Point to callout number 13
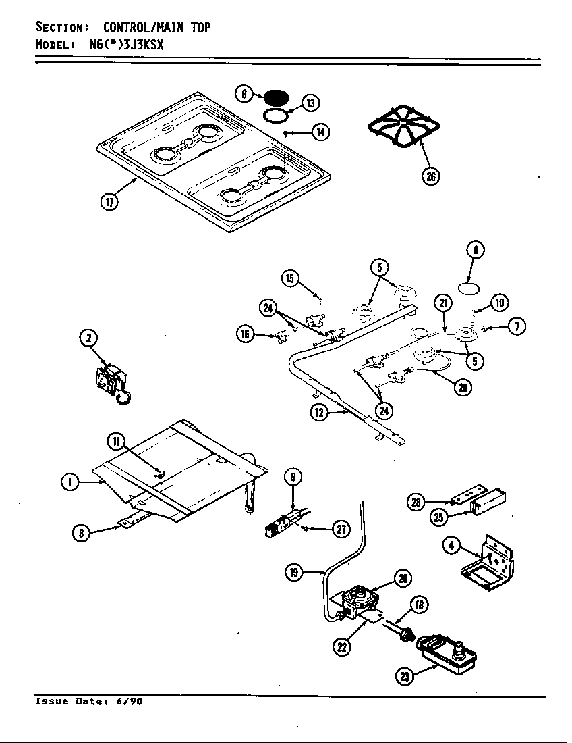coord(310,103)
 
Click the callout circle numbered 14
coord(320,132)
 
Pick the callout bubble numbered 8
coord(476,250)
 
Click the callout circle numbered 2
coord(89,338)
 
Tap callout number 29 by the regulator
coord(403,578)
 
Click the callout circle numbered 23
coord(404,676)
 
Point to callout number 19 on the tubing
coord(293,573)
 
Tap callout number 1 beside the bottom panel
coord(69,482)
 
